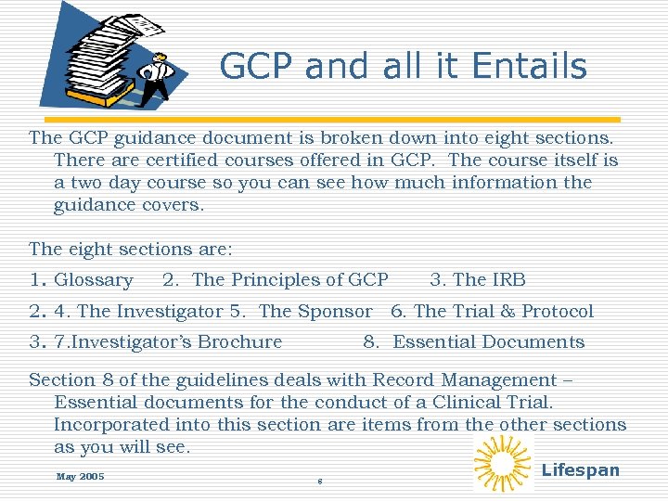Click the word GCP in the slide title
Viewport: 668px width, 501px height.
(x=258, y=67)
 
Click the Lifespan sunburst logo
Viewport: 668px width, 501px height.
(x=503, y=463)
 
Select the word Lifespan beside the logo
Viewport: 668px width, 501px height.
(x=580, y=469)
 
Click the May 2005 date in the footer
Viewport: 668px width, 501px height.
(x=80, y=477)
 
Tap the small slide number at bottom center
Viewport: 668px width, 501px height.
(x=319, y=482)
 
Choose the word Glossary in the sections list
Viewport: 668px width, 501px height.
(x=94, y=280)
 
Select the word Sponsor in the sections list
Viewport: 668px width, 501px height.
(x=340, y=312)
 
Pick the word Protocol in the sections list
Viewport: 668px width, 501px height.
(x=557, y=312)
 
